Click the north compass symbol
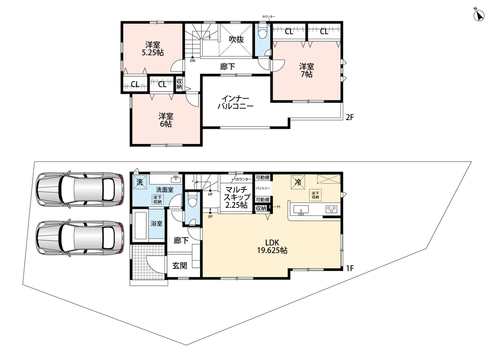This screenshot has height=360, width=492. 479,15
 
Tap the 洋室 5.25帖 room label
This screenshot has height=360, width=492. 153,49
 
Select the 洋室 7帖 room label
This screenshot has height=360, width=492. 306,70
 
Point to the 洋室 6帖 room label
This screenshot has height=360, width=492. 165,120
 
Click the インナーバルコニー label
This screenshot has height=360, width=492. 236,103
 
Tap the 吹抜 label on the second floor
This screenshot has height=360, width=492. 236,40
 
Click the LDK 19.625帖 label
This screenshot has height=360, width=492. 272,247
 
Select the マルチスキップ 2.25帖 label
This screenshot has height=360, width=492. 237,197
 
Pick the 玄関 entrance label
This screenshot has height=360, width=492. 180,265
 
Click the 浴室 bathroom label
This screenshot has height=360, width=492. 157,224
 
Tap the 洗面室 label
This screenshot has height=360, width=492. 165,190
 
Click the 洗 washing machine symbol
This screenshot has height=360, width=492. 140,182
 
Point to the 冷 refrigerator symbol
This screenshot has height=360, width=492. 297,182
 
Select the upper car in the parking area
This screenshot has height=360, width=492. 80,189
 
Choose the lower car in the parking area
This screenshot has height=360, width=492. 80,238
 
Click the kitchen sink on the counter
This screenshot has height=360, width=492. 300,209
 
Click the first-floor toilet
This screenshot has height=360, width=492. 192,200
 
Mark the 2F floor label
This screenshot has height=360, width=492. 350,117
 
